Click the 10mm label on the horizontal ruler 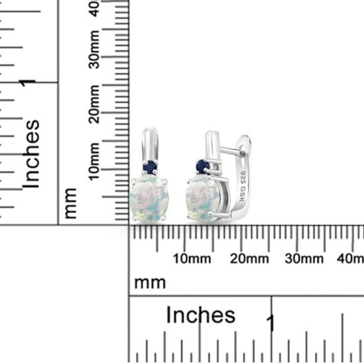[x=192, y=259]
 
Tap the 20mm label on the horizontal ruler [x=249, y=259]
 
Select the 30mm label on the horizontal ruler [x=304, y=259]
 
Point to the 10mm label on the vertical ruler [x=94, y=161]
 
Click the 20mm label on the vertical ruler [x=94, y=104]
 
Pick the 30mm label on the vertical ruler [x=94, y=50]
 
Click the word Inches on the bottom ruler [x=201, y=315]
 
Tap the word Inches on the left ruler [x=31, y=154]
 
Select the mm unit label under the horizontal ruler [x=150, y=283]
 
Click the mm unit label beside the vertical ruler [x=70, y=203]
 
